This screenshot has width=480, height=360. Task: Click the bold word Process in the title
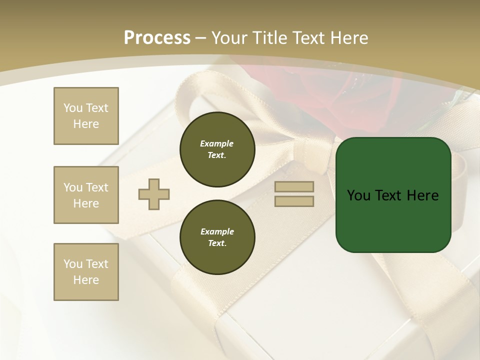pyautogui.click(x=157, y=38)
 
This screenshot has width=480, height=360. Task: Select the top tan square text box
pyautogui.click(x=86, y=116)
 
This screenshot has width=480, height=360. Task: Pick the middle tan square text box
pyautogui.click(x=86, y=195)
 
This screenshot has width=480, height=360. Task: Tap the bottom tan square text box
pyautogui.click(x=86, y=271)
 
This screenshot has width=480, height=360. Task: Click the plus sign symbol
pyautogui.click(x=154, y=194)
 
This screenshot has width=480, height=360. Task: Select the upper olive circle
pyautogui.click(x=217, y=149)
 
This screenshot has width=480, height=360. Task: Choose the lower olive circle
pyautogui.click(x=217, y=237)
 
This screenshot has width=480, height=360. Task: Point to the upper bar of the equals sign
pyautogui.click(x=294, y=187)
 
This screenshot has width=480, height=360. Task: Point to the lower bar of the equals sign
pyautogui.click(x=294, y=201)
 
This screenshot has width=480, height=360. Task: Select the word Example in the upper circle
pyautogui.click(x=217, y=143)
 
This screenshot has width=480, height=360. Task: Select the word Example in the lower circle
pyautogui.click(x=217, y=231)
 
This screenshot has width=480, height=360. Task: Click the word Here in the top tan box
pyautogui.click(x=86, y=124)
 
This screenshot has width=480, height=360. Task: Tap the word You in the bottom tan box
pyautogui.click(x=73, y=263)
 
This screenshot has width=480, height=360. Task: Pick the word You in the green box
pyautogui.click(x=358, y=195)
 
